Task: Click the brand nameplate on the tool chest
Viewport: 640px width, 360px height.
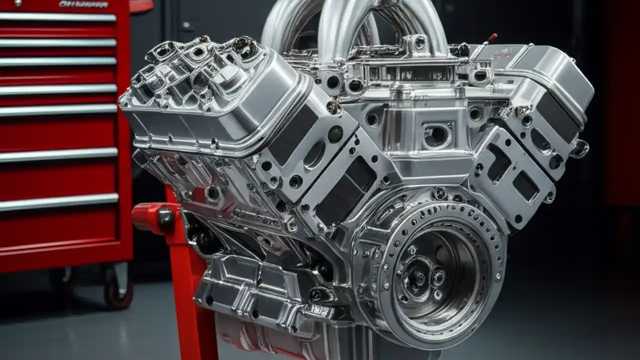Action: click(x=83, y=4)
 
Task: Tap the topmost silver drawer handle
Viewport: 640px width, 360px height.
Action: click(x=57, y=17)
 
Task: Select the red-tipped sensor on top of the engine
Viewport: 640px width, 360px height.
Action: click(x=492, y=36)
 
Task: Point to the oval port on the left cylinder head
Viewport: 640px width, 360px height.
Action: click(x=314, y=155)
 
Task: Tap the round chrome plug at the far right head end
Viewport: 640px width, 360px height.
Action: click(x=580, y=148)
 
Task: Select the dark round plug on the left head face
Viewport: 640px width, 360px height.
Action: click(x=335, y=134)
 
